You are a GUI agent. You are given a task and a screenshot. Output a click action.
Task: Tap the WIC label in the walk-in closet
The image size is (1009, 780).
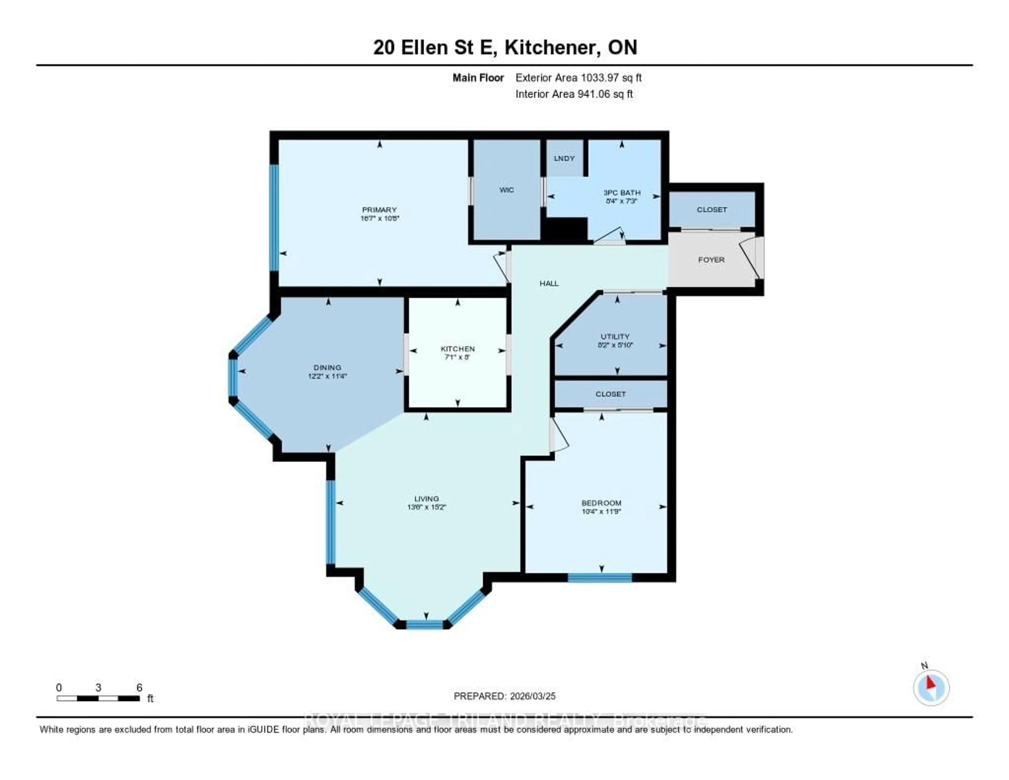(506, 190)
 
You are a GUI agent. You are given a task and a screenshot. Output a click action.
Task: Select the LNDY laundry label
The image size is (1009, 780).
(564, 158)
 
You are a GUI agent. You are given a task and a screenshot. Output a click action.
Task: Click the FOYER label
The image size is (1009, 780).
(711, 260)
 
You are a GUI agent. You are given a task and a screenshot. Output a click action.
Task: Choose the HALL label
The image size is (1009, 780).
(549, 283)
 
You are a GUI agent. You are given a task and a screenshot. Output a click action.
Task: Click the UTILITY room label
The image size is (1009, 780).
(615, 336)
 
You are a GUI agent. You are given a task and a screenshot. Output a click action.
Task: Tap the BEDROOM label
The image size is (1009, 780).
(601, 503)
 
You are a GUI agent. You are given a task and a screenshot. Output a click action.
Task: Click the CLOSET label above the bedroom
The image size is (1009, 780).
(610, 394)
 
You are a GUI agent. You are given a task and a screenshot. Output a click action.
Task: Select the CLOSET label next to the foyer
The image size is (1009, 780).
(712, 209)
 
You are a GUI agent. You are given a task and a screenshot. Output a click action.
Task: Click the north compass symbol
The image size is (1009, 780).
(931, 687)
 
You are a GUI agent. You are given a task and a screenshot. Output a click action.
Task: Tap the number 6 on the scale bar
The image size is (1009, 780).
(139, 687)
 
